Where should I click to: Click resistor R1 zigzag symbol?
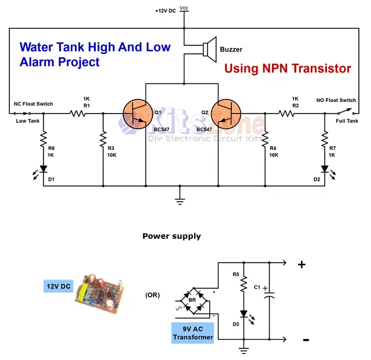point(77,114)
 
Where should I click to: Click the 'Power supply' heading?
point(172,236)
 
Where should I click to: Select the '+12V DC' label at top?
point(165,11)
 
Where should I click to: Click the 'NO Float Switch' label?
point(336,100)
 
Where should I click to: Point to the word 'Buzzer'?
point(231,50)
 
